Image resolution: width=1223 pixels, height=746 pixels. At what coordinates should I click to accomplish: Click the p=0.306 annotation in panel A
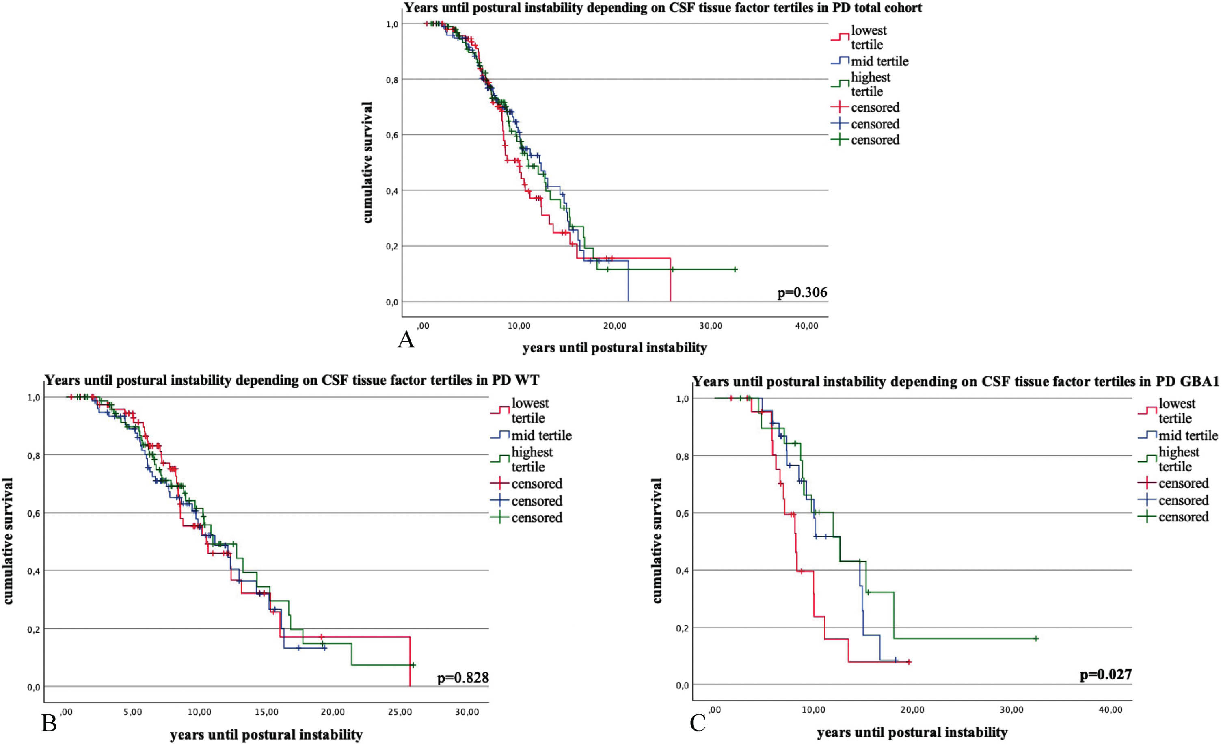click(802, 292)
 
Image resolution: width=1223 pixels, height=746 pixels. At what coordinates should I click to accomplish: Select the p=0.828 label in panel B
click(462, 677)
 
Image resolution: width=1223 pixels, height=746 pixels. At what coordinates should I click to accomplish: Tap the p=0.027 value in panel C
click(1106, 675)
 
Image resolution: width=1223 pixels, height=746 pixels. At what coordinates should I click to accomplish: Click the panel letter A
click(406, 340)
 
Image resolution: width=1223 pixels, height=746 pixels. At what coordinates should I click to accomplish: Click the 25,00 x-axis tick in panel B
click(400, 712)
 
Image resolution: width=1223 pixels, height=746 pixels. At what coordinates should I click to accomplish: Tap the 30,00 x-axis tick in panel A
click(711, 326)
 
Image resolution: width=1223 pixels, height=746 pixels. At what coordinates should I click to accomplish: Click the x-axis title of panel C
click(912, 733)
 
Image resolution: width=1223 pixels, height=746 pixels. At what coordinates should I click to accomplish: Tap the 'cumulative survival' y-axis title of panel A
click(367, 162)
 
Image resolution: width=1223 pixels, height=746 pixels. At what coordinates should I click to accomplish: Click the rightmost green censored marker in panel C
click(1036, 638)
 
